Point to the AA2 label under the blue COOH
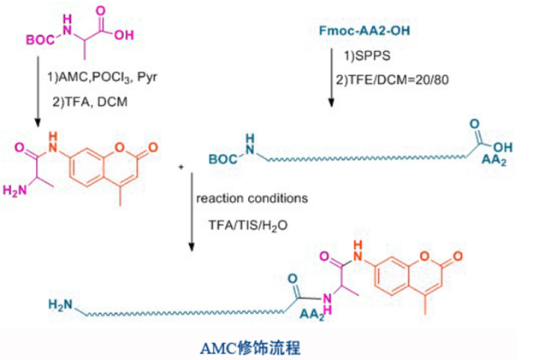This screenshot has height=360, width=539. coord(481,162)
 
